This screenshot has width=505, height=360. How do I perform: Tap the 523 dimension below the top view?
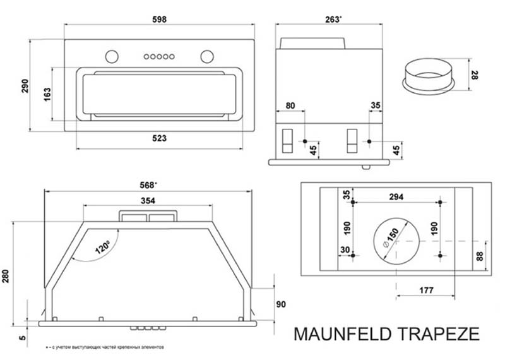coord(159,138)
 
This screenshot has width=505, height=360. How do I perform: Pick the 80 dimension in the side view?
coord(290,105)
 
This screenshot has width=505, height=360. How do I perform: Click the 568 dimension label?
coord(148,186)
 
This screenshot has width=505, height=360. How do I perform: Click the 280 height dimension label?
coord(8,276)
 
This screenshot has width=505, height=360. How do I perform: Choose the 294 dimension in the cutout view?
coord(396,197)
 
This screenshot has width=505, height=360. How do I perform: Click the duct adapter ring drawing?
coord(429,77)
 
